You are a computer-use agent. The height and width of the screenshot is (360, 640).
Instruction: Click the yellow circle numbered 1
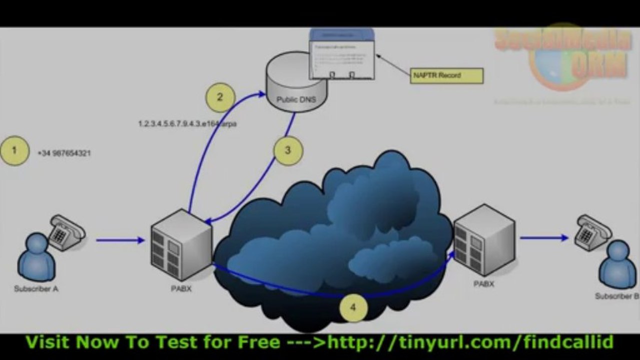(14, 150)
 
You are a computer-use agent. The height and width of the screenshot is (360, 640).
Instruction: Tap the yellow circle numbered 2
(220, 97)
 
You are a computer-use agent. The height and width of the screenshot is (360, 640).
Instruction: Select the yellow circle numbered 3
(288, 150)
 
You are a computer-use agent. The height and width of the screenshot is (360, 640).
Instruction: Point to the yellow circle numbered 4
(353, 306)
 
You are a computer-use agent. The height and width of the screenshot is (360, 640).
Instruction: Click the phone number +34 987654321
(64, 153)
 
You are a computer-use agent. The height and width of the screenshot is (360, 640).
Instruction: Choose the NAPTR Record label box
(448, 75)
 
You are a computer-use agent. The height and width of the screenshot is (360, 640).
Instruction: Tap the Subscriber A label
(36, 288)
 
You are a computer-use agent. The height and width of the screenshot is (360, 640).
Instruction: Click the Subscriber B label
(616, 296)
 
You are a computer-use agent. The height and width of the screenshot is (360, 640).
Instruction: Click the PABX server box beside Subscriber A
(182, 245)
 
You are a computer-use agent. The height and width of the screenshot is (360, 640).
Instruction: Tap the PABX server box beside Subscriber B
(484, 239)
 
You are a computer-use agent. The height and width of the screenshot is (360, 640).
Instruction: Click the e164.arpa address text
(187, 123)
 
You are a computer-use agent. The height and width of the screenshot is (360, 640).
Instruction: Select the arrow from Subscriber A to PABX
(120, 240)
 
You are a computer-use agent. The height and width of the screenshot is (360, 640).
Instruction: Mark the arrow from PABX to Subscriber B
(544, 238)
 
